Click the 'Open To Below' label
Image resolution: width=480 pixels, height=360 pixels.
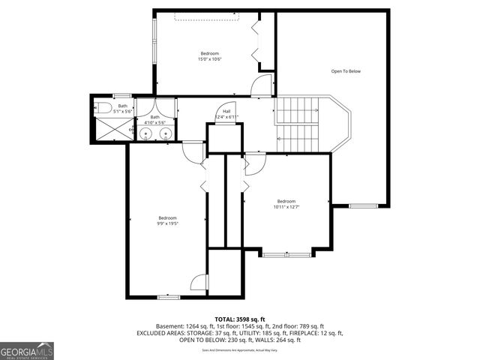(x=346, y=71)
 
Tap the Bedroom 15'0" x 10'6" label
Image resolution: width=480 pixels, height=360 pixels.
(x=209, y=56)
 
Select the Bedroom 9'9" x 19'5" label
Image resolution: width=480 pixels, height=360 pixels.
(x=167, y=220)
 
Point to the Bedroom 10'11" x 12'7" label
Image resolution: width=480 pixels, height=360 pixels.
(x=286, y=204)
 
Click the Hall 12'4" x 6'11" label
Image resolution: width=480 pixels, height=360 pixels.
(x=226, y=115)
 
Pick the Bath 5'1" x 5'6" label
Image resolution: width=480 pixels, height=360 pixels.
(x=124, y=108)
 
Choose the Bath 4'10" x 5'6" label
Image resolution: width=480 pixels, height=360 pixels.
(x=154, y=119)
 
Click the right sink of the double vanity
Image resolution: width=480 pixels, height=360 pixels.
(x=166, y=133)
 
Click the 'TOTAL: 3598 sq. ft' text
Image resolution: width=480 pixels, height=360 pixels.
(x=239, y=319)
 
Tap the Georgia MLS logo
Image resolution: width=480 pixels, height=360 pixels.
(x=27, y=350)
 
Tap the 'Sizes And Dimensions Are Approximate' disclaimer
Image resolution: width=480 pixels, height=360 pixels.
(x=239, y=350)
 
